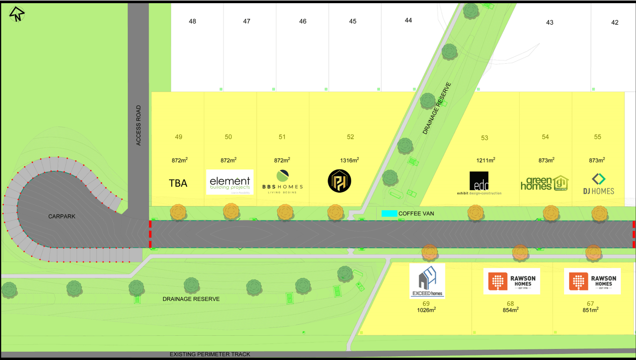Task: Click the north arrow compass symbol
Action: click(17, 14)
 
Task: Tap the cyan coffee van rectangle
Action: click(389, 213)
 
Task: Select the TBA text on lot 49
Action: click(178, 183)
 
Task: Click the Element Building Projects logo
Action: click(230, 182)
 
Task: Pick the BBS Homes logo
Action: click(282, 182)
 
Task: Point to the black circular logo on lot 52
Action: click(340, 181)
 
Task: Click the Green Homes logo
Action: click(544, 183)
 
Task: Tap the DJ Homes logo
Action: click(598, 184)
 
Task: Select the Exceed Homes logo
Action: click(427, 281)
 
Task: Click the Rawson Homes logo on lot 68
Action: click(512, 281)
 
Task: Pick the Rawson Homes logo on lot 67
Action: click(592, 281)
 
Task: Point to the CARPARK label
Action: click(61, 216)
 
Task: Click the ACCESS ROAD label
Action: click(138, 126)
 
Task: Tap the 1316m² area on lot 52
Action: click(349, 160)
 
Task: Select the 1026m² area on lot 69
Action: click(426, 310)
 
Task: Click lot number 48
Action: click(192, 21)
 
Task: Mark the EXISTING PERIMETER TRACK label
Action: click(210, 354)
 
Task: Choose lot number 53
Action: click(484, 138)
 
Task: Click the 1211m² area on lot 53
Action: click(486, 160)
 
